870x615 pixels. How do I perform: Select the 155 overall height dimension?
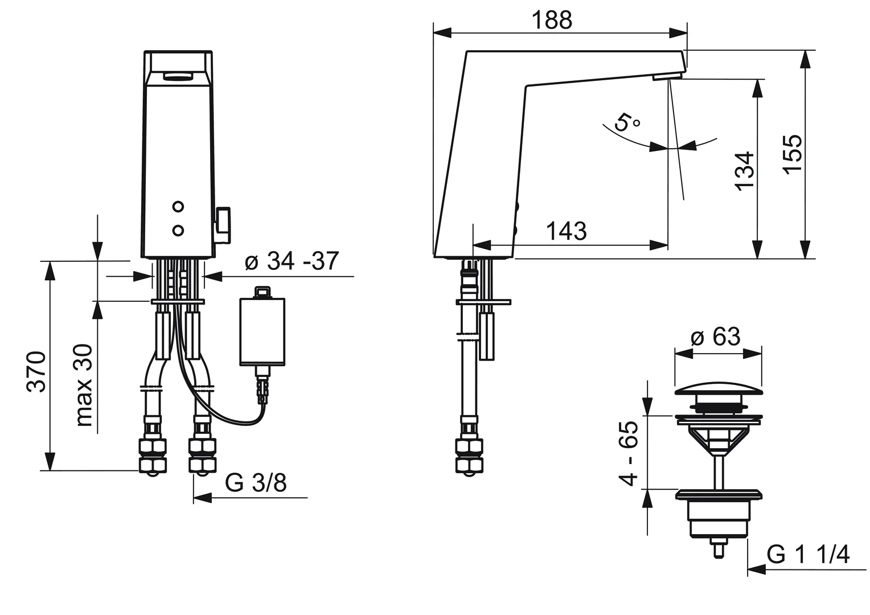792,154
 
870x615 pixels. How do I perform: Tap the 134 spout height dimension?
745,171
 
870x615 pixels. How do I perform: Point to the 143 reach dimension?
567,231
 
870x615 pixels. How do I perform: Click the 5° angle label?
626,122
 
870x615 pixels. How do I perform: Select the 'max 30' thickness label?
84,385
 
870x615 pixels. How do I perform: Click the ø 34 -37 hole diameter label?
292,261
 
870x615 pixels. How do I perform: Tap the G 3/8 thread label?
256,483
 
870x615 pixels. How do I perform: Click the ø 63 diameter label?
716,337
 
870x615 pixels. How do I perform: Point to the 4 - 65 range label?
628,453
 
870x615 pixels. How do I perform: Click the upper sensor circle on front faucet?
178,207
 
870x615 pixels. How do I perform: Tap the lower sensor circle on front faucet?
178,231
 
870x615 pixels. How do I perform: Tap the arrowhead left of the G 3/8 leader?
202,497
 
